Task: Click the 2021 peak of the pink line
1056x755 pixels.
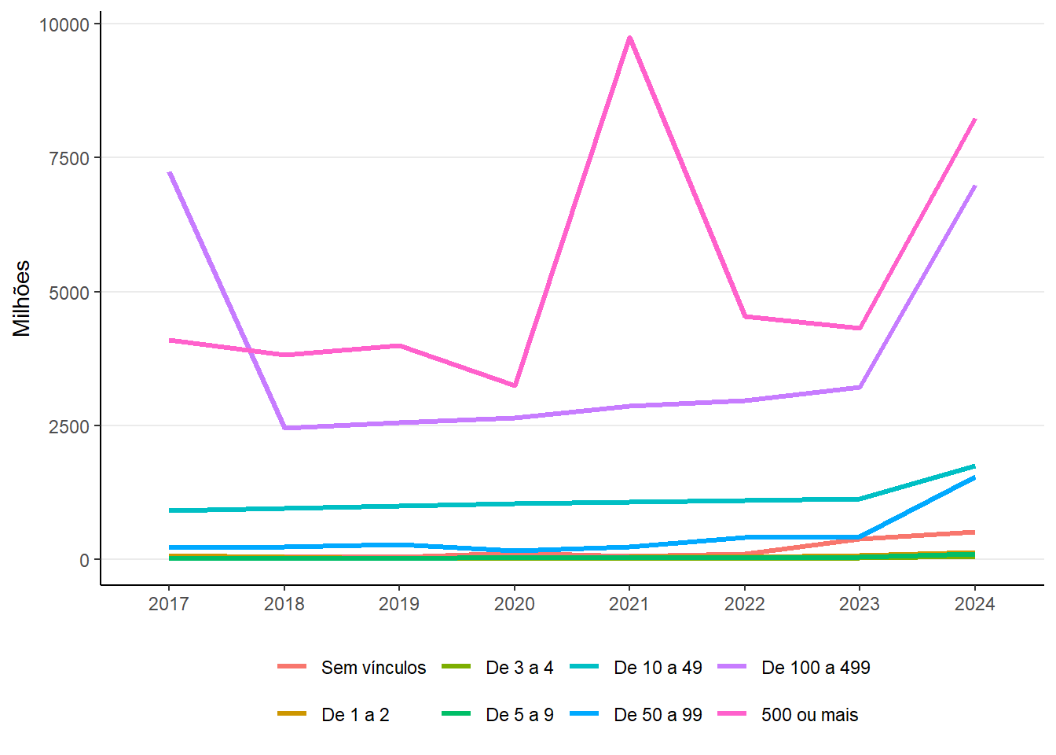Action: (x=629, y=37)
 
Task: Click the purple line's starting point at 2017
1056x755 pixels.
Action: (x=169, y=172)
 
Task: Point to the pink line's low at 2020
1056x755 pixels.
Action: (x=515, y=385)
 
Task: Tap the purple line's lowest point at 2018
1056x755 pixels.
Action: (x=284, y=428)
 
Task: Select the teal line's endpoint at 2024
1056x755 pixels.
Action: (x=974, y=466)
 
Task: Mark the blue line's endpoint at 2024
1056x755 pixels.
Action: (x=974, y=477)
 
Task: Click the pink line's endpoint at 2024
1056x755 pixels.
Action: (x=974, y=119)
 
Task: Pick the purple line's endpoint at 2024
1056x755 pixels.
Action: (x=974, y=186)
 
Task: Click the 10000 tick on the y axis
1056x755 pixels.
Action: (x=64, y=24)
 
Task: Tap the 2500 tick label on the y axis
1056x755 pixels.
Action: (x=69, y=426)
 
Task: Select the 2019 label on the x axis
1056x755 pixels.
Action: (x=399, y=604)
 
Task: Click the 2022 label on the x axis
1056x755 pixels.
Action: (x=744, y=604)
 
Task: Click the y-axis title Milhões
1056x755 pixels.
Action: (x=22, y=299)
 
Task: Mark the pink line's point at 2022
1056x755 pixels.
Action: (x=744, y=316)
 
